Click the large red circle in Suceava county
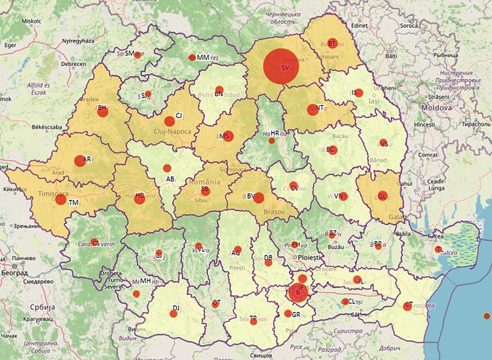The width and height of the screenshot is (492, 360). pyautogui.click(x=281, y=66)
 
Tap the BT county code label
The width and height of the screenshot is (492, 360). pyautogui.click(x=331, y=44)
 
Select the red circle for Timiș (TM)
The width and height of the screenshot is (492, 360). pyautogui.click(x=60, y=199)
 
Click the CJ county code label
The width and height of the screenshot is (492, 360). pyautogui.click(x=179, y=116)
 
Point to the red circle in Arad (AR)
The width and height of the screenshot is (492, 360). pyautogui.click(x=79, y=161)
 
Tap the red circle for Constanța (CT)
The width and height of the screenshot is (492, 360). pyautogui.click(x=408, y=306)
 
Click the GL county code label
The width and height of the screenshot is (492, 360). pyautogui.click(x=382, y=197)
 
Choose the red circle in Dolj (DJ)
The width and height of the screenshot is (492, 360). pyautogui.click(x=173, y=313)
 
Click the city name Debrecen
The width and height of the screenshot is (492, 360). pyautogui.click(x=73, y=63)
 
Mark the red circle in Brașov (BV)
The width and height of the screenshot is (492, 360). pyautogui.click(x=259, y=198)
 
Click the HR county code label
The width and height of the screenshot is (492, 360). pyautogui.click(x=275, y=133)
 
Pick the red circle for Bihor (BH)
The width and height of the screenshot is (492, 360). pyautogui.click(x=102, y=110)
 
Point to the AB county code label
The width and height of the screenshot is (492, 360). pyautogui.click(x=170, y=180)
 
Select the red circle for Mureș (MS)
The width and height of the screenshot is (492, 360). pyautogui.click(x=228, y=137)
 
